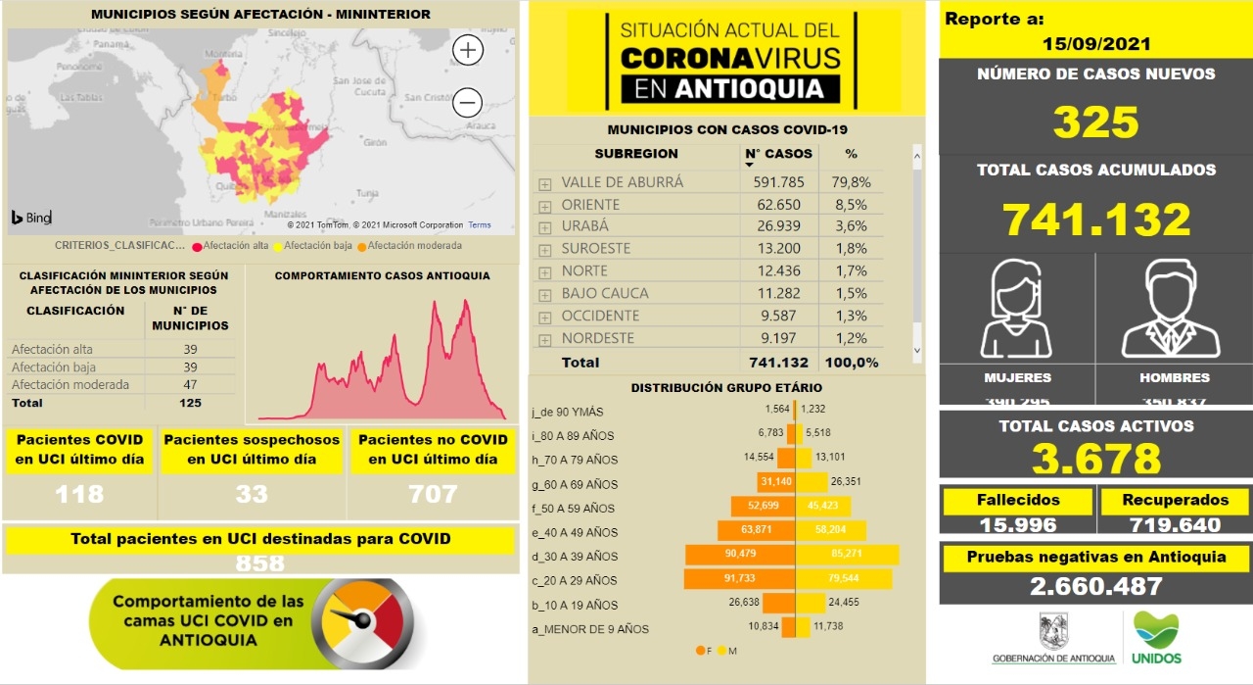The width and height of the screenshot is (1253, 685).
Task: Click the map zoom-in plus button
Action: tap(468, 50)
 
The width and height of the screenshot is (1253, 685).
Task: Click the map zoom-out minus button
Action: tap(468, 102)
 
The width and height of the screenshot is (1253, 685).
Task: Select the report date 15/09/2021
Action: tap(1095, 44)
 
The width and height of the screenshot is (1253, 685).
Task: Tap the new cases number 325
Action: tap(1095, 122)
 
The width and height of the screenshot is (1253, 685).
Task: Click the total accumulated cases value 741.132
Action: tap(1095, 220)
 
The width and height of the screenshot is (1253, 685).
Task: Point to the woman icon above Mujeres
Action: tap(1017, 310)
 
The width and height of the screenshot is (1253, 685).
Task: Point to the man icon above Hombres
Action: tap(1173, 310)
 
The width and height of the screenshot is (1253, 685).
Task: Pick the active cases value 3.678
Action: tap(1095, 459)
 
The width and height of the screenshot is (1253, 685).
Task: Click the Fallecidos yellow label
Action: tap(1018, 500)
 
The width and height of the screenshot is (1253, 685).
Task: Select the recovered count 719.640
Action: tap(1174, 524)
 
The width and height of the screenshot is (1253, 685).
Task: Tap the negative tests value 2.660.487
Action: tap(1095, 586)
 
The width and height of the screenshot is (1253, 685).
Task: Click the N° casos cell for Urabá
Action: tap(778, 226)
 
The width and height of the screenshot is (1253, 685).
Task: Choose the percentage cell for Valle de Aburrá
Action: tap(851, 181)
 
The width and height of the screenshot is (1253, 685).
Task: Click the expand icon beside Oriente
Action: tap(544, 206)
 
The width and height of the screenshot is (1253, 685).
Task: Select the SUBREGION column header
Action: tap(636, 154)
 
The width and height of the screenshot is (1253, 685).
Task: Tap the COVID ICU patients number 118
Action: tap(79, 494)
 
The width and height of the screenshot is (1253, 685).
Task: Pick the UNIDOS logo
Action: tap(1156, 637)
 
